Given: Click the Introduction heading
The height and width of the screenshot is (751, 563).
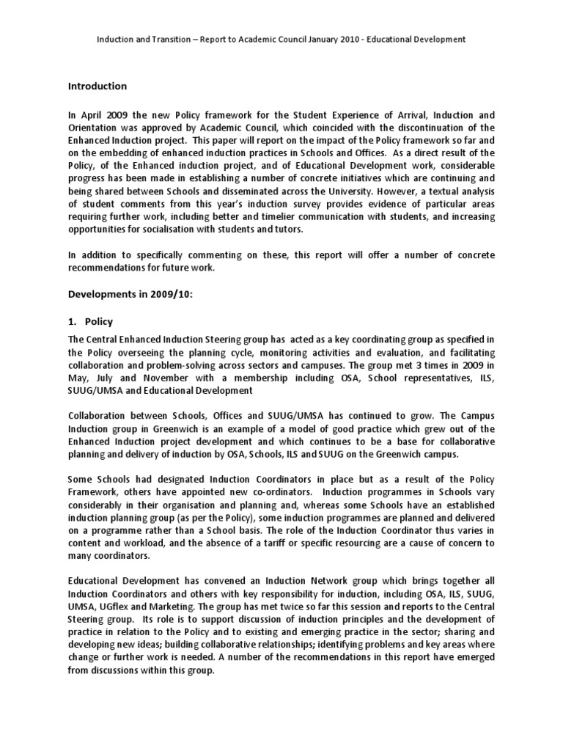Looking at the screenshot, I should (97, 86).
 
